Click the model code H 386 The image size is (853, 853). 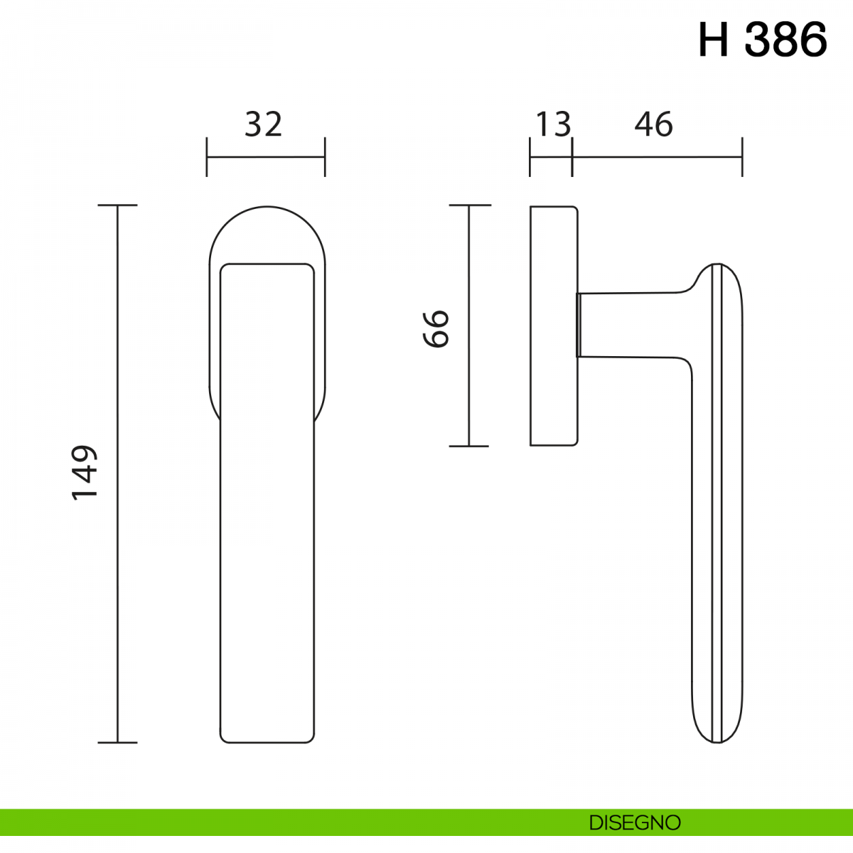point(762,40)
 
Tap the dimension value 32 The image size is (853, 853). point(264,124)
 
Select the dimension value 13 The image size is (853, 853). point(553,124)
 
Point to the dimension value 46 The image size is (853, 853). point(654,124)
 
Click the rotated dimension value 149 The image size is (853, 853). point(84,473)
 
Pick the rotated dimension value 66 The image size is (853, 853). point(436,329)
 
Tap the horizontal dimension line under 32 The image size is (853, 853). point(266,156)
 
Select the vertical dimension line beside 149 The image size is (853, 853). point(117,473)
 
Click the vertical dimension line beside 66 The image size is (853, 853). point(468,326)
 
